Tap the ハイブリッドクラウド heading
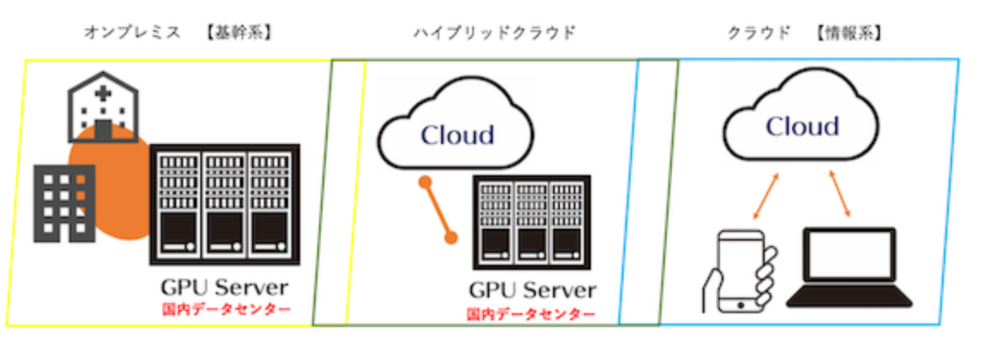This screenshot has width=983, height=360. pos(494,33)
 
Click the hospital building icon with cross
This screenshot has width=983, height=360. pos(103,107)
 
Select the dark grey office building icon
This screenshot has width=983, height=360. pos(64,203)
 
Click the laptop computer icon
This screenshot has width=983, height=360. pos(848,268)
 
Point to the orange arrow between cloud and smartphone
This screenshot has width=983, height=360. pos(765,196)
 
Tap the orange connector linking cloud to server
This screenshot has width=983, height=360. pos(437,210)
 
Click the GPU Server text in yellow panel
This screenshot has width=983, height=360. pos(224,288)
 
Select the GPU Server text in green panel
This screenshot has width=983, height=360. pos(532,291)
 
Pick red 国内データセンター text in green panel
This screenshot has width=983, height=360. pos(531,314)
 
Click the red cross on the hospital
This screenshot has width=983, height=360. pos(103,93)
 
